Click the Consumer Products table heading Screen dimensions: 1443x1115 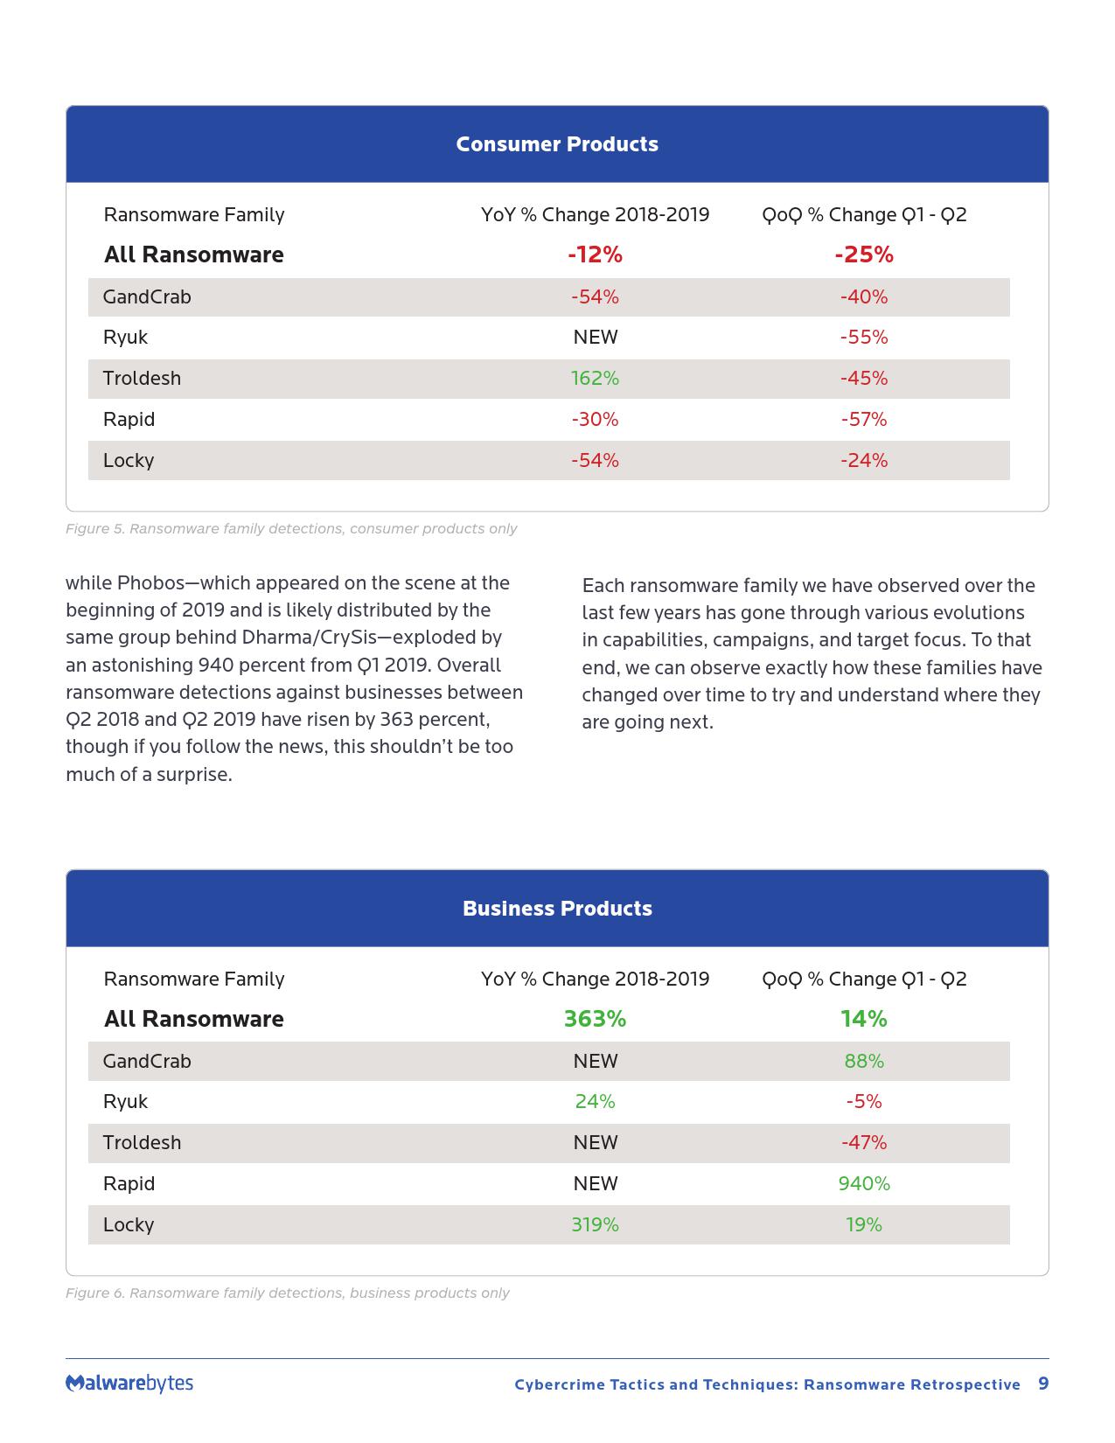pyautogui.click(x=557, y=144)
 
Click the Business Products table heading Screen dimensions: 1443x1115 pyautogui.click(x=557, y=909)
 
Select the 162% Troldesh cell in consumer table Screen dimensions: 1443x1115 pyautogui.click(x=595, y=379)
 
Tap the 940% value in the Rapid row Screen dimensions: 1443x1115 pyautogui.click(x=863, y=1184)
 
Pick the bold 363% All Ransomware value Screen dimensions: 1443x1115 pyautogui.click(x=595, y=1020)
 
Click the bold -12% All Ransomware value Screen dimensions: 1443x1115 pyautogui.click(x=595, y=255)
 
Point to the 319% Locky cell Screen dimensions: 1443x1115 pyautogui.click(x=595, y=1225)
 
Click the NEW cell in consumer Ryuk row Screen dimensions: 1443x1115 pyautogui.click(x=595, y=338)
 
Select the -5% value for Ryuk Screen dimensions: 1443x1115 pyautogui.click(x=863, y=1102)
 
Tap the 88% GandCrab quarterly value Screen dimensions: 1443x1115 pyautogui.click(x=863, y=1062)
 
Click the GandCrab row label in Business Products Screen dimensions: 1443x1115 pyautogui.click(x=147, y=1062)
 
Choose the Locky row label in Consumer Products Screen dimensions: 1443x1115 pyautogui.click(x=129, y=461)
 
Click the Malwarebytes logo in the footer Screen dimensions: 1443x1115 pyautogui.click(x=129, y=1384)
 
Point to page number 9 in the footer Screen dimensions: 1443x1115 pyautogui.click(x=1042, y=1384)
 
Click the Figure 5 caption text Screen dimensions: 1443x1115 pyautogui.click(x=291, y=529)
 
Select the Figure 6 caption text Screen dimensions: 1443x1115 pyautogui.click(x=287, y=1293)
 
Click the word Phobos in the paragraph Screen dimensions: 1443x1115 pyautogui.click(x=146, y=583)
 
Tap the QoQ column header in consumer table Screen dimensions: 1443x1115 pyautogui.click(x=864, y=215)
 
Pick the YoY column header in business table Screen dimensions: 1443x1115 pyautogui.click(x=595, y=979)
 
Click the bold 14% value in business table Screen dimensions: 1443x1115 pyautogui.click(x=863, y=1020)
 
